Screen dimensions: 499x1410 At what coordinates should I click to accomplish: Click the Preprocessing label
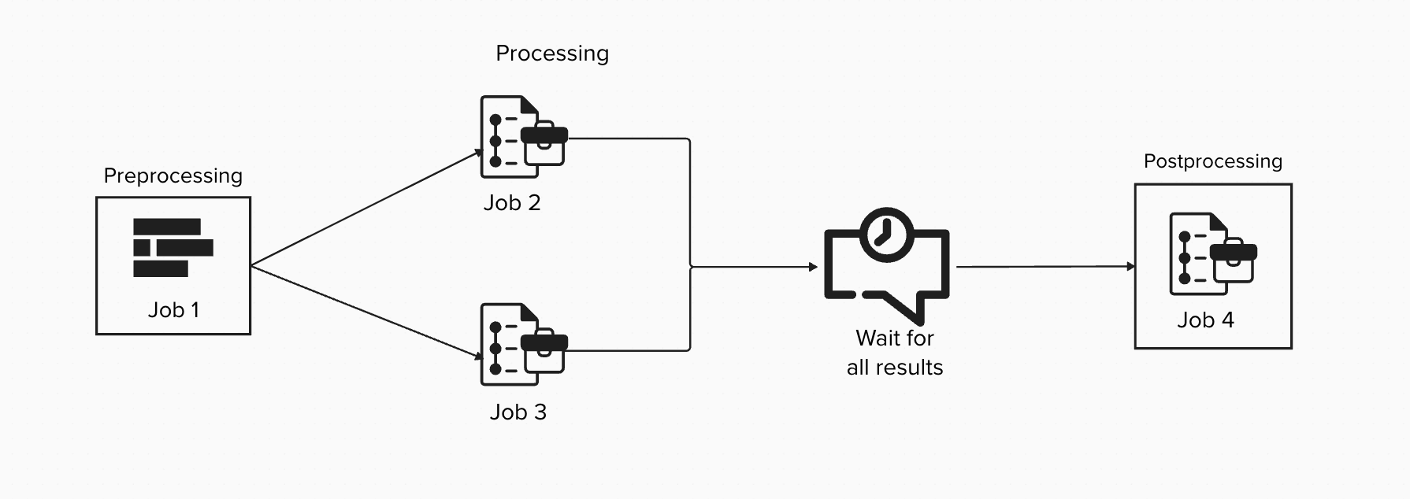(173, 176)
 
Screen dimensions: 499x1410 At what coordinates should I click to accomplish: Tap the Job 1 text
(173, 310)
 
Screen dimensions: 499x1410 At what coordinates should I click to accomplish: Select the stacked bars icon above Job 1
(173, 248)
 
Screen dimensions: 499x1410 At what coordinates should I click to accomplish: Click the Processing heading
(552, 54)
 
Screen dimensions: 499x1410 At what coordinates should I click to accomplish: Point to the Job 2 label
(512, 203)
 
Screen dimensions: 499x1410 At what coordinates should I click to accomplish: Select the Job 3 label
(518, 412)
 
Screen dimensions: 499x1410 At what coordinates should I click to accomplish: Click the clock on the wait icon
(887, 234)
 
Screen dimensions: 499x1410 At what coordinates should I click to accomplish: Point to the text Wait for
(895, 338)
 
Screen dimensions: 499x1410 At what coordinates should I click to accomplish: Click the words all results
(895, 368)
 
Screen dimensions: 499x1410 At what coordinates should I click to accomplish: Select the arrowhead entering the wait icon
(814, 267)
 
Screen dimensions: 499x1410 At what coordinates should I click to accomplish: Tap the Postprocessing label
(1212, 161)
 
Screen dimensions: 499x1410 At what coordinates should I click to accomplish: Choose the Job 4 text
(1205, 320)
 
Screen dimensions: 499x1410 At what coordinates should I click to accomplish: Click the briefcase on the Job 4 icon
(1234, 261)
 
